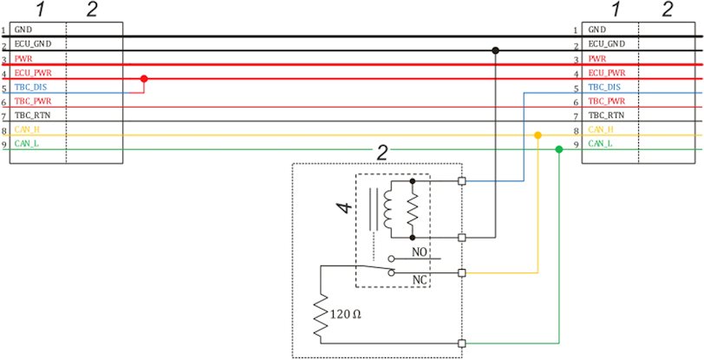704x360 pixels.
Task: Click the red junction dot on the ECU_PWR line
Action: point(144,79)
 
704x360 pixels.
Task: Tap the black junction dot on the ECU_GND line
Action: point(495,50)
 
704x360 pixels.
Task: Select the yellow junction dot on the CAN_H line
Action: point(538,135)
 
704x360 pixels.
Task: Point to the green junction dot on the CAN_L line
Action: point(559,150)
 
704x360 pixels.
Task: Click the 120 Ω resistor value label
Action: point(346,315)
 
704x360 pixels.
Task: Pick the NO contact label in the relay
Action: point(419,252)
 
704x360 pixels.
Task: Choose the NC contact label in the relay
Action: point(419,281)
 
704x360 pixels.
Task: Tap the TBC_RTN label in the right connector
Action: point(606,115)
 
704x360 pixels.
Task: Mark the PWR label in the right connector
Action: point(596,58)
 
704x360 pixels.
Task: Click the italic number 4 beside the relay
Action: point(344,208)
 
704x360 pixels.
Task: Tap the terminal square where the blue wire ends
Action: point(461,181)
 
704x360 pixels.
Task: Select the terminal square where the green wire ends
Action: point(461,344)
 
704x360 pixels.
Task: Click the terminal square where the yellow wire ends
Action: point(461,272)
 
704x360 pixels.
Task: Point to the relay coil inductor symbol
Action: point(388,209)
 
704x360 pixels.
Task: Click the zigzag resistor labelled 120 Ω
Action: point(321,317)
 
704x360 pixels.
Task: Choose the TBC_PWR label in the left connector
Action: point(29,101)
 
